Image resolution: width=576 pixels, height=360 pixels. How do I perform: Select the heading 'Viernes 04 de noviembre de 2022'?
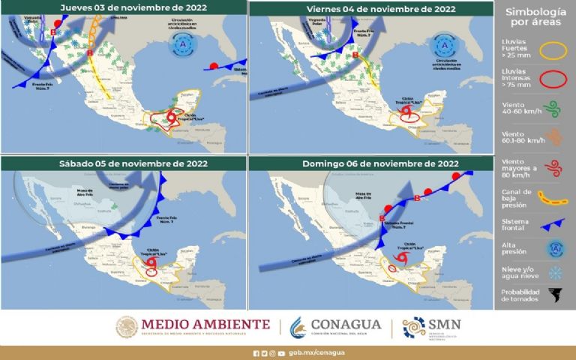point(370,8)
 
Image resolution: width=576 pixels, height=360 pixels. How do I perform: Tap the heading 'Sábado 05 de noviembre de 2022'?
point(124,163)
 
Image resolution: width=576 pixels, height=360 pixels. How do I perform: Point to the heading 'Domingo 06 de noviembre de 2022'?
point(370,163)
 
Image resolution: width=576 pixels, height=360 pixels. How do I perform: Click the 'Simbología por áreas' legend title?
point(535,17)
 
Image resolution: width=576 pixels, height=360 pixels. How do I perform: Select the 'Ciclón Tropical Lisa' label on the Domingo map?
point(410,246)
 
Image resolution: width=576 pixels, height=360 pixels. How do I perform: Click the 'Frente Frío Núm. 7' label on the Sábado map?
point(171,218)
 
